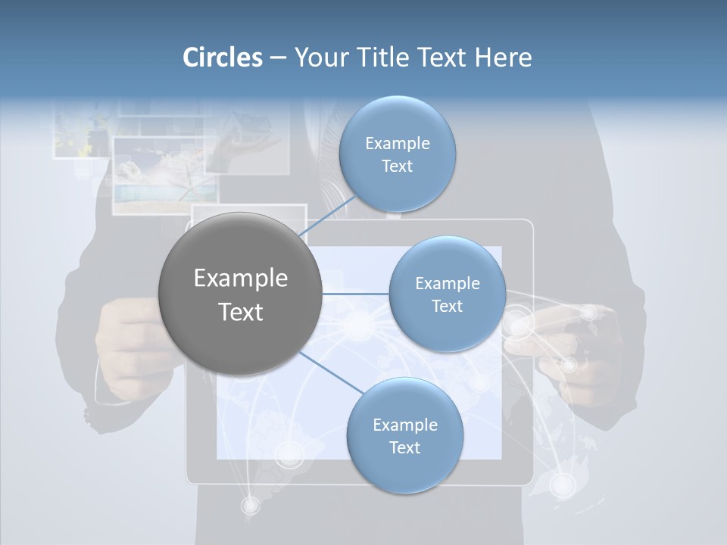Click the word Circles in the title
tap(222, 58)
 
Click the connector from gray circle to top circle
tap(327, 217)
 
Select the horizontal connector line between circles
tap(355, 294)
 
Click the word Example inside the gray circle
tap(240, 279)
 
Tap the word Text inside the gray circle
tap(240, 312)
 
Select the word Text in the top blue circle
tap(397, 167)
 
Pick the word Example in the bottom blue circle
tap(404, 425)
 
